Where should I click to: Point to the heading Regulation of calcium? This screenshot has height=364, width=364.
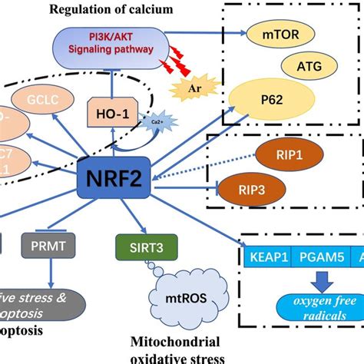click(124, 8)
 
